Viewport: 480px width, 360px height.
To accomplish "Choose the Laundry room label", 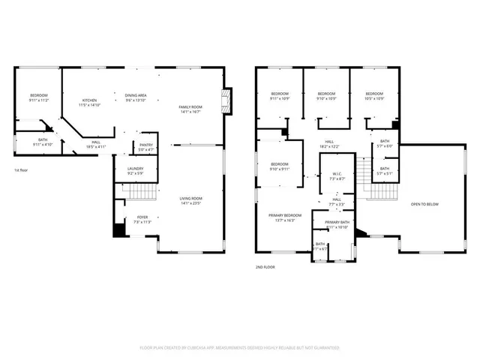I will pyautogui.click(x=135, y=171).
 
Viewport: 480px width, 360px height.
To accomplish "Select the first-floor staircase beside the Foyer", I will pyautogui.click(x=137, y=193).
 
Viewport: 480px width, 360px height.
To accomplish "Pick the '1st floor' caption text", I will pyautogui.click(x=22, y=171).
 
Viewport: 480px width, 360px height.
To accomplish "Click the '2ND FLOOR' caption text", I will pyautogui.click(x=265, y=266).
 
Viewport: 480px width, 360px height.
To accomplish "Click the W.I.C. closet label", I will pyautogui.click(x=337, y=176).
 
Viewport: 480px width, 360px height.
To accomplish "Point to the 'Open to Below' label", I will pyautogui.click(x=425, y=203).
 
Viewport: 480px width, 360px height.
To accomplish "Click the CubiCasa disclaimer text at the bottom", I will pyautogui.click(x=240, y=348).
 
